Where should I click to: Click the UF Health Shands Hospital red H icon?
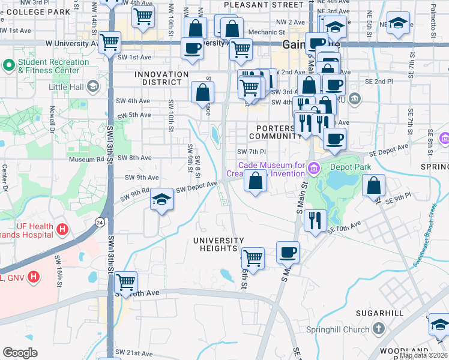(x=62, y=229)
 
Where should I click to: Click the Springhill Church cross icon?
(x=378, y=329)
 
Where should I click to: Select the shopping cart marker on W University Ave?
(x=110, y=43)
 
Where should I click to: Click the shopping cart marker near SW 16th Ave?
(x=125, y=281)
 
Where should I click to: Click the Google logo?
(x=20, y=353)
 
